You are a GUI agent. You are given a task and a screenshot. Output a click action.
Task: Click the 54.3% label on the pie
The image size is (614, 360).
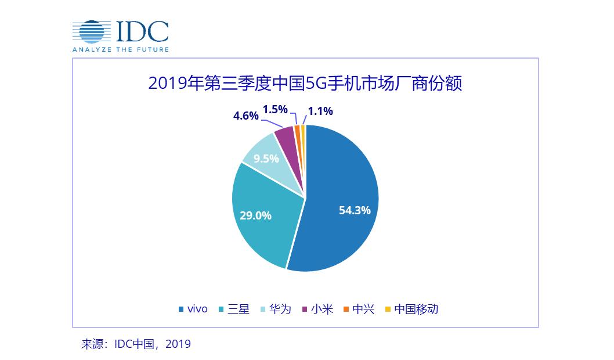355,210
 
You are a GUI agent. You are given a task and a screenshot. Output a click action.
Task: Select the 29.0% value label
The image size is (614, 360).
255,215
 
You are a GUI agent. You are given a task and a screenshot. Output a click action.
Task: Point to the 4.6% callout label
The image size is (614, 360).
245,115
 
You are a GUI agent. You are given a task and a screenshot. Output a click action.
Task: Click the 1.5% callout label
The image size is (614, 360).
275,109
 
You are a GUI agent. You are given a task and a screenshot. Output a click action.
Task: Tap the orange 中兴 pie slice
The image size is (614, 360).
297,128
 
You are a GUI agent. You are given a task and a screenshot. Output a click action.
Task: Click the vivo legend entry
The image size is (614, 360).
193,309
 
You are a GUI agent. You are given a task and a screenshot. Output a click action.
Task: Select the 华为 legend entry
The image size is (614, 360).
277,309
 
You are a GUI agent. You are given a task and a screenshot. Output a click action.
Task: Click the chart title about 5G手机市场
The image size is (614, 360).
305,84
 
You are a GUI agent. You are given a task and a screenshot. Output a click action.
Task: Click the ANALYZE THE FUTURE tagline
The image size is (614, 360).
121,49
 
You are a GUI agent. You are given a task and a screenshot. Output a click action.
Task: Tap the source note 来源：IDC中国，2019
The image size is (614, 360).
136,344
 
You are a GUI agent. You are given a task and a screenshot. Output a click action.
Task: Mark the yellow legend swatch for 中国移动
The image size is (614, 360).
388,309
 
